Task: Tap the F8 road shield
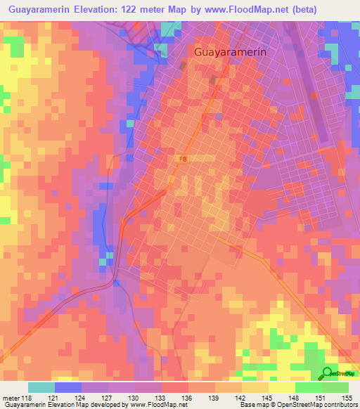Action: click(x=183, y=160)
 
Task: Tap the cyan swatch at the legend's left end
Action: click(x=41, y=387)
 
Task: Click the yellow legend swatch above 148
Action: click(x=281, y=387)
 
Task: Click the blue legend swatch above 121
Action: click(x=67, y=387)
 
